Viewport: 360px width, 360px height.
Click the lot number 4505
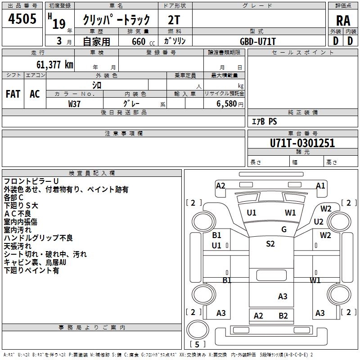pyautogui.click(x=22, y=18)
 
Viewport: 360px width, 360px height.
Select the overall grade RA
pyautogui.click(x=343, y=21)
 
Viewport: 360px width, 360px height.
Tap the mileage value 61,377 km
pyautogui.click(x=54, y=64)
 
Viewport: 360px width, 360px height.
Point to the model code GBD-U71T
pyautogui.click(x=257, y=41)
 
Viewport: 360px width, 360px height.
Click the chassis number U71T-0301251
pyautogui.click(x=302, y=143)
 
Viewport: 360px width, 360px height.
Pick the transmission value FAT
pyautogui.click(x=13, y=94)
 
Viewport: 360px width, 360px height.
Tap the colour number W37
pyautogui.click(x=74, y=104)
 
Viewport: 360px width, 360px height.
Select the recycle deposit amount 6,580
pyautogui.click(x=227, y=104)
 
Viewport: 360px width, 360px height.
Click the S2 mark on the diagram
pyautogui.click(x=270, y=243)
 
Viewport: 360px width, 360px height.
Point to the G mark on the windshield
pyautogui.click(x=284, y=229)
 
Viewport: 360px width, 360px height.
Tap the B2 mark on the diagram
pyautogui.click(x=283, y=316)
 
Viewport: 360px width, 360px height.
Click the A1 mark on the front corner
pyautogui.click(x=320, y=185)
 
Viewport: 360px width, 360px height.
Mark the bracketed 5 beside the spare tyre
pyautogui.click(x=197, y=344)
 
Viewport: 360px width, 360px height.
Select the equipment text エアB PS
pyautogui.click(x=265, y=121)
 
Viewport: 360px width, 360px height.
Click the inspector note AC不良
pyautogui.click(x=18, y=213)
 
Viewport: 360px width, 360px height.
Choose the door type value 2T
pyautogui.click(x=174, y=20)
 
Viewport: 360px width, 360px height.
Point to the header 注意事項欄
pyautogui.click(x=124, y=133)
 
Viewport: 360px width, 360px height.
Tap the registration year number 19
pyautogui.click(x=59, y=24)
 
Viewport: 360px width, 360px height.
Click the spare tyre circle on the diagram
pyautogui.click(x=198, y=330)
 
